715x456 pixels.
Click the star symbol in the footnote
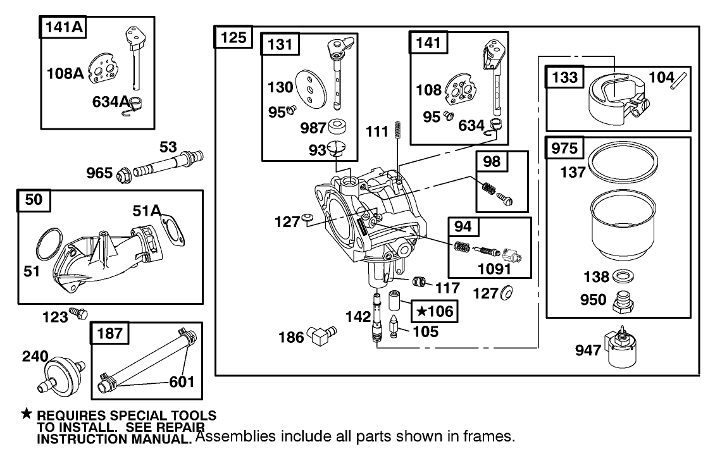26,414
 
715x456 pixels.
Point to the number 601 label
181,381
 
